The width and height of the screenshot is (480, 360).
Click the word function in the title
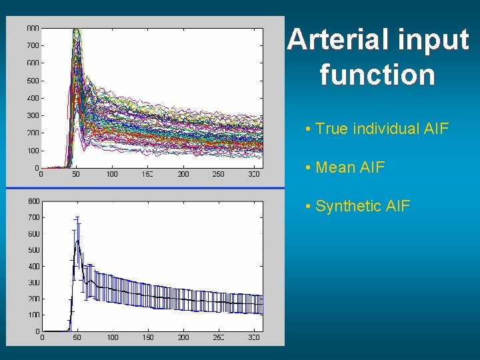click(x=377, y=74)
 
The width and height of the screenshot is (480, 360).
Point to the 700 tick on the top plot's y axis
click(x=33, y=45)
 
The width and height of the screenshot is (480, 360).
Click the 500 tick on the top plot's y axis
click(x=33, y=81)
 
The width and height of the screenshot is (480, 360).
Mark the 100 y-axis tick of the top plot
click(x=33, y=151)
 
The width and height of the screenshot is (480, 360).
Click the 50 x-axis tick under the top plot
click(x=76, y=175)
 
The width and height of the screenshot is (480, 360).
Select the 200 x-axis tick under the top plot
click(x=183, y=175)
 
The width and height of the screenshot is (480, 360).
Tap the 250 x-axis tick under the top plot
click(x=219, y=175)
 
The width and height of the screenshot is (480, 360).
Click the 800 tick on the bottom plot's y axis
click(x=33, y=201)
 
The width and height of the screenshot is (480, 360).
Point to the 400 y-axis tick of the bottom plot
click(x=33, y=266)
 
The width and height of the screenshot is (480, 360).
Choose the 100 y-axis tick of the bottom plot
click(x=33, y=315)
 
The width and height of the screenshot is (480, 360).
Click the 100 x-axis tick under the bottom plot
click(x=113, y=338)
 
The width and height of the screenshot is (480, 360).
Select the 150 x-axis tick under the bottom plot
click(x=148, y=338)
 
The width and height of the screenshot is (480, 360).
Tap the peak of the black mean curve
click(x=78, y=241)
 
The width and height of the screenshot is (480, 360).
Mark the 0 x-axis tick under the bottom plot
click(x=42, y=338)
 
